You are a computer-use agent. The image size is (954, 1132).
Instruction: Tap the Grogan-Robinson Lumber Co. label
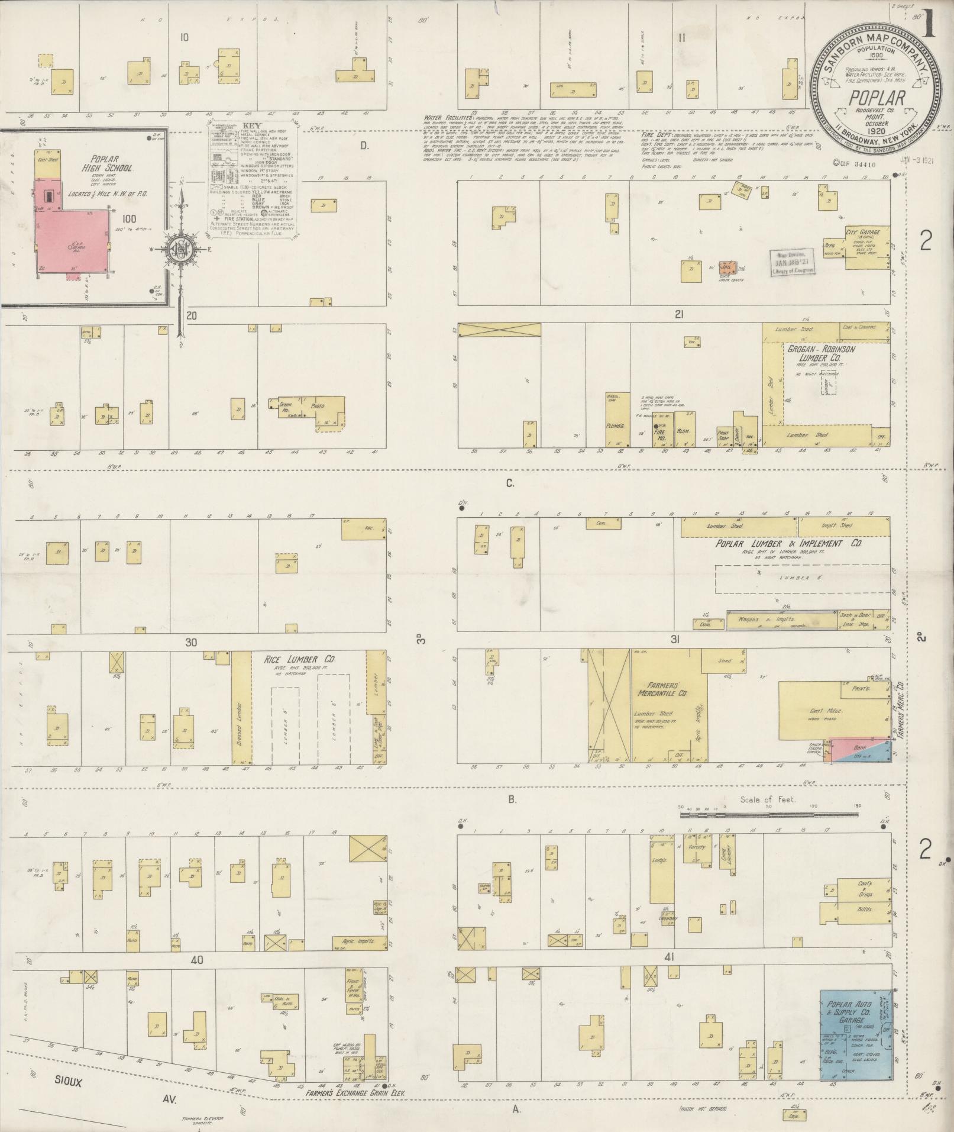(x=821, y=354)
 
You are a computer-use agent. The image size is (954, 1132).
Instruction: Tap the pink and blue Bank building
(x=859, y=749)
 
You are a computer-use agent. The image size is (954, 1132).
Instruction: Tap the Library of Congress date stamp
(x=791, y=262)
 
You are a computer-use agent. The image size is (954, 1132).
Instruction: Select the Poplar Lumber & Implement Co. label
(x=788, y=543)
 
